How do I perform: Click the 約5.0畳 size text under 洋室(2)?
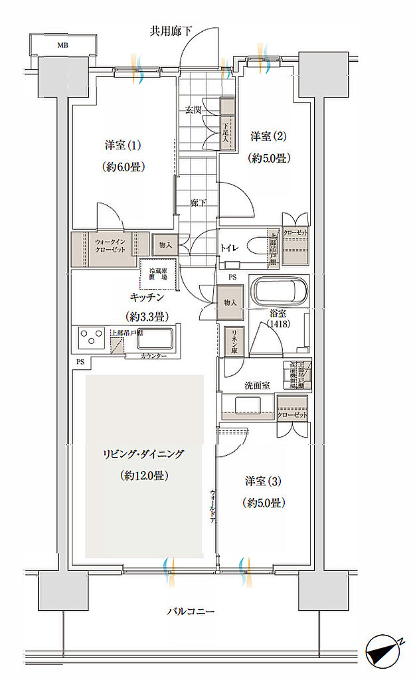click(x=269, y=158)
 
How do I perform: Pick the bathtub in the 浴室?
click(x=279, y=292)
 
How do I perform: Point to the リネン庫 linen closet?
click(x=232, y=344)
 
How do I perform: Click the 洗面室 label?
click(x=256, y=384)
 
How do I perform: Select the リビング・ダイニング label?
click(x=143, y=454)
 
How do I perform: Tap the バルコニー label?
click(x=191, y=611)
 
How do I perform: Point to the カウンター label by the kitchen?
click(x=153, y=357)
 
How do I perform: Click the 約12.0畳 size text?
click(x=143, y=475)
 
